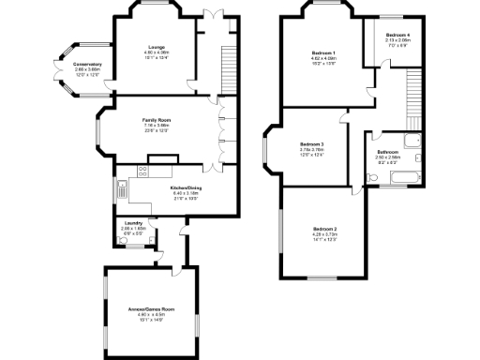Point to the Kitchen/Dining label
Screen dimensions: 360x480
pyautogui.click(x=186, y=187)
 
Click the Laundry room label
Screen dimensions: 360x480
pyautogui.click(x=132, y=223)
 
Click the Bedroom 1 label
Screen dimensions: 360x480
pyautogui.click(x=323, y=52)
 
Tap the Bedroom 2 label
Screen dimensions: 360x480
pyautogui.click(x=324, y=230)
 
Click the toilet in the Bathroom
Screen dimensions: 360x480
pyautogui.click(x=365, y=172)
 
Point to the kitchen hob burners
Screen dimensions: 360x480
pyautogui.click(x=142, y=171)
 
